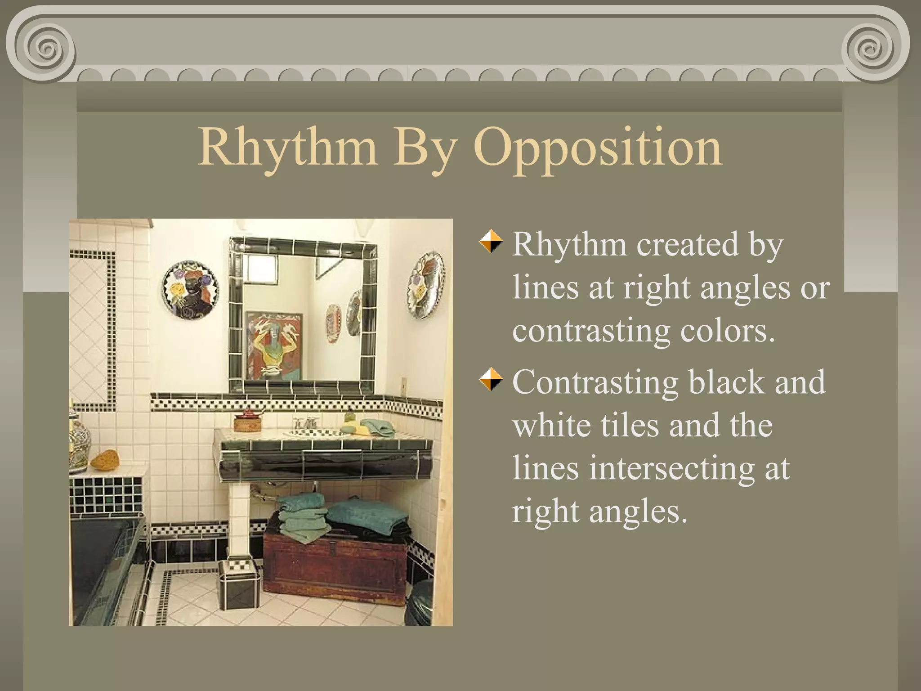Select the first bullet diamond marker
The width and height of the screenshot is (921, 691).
(x=490, y=242)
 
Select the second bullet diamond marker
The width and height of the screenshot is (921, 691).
(x=490, y=379)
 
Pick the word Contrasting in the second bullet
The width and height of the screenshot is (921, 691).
(x=595, y=382)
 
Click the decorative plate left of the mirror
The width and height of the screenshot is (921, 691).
(x=190, y=290)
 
